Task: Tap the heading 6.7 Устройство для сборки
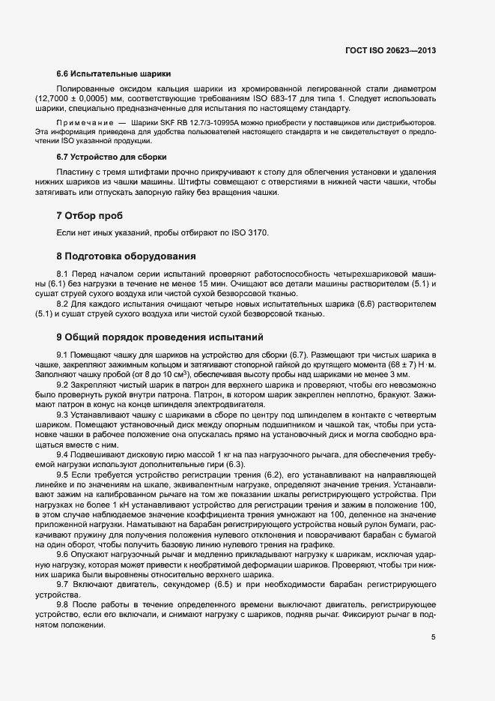[x=111, y=157]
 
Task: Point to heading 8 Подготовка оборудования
[x=126, y=256]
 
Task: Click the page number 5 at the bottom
[x=433, y=638]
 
